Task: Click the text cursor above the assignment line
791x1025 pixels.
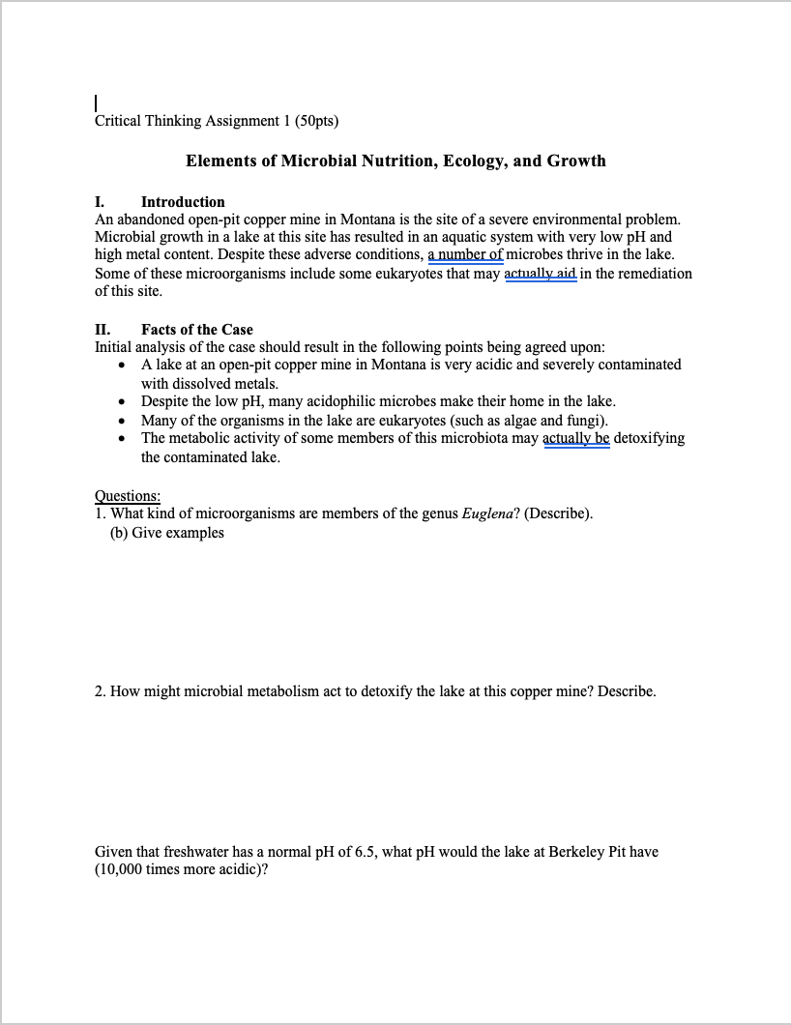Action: point(96,102)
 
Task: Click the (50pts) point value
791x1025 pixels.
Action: point(316,121)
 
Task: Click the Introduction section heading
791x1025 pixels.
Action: point(183,202)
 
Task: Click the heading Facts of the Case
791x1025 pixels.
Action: point(197,330)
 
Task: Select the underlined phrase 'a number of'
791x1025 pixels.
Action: point(465,255)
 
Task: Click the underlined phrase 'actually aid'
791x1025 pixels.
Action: point(541,274)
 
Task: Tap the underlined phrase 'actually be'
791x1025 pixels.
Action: point(576,438)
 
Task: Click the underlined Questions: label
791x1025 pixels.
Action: point(128,496)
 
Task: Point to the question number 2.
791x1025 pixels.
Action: point(100,692)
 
